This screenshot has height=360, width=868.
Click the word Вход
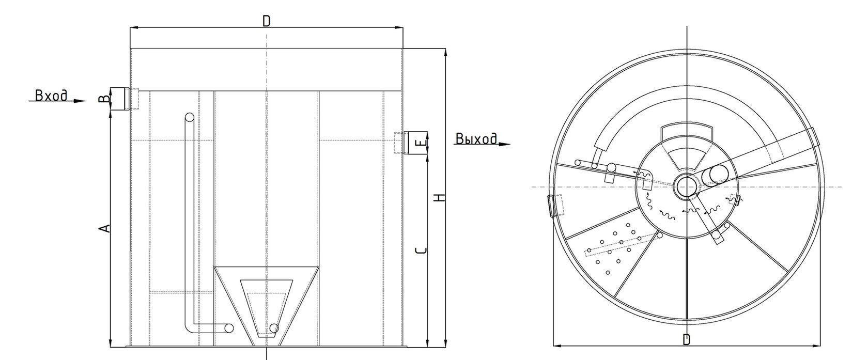point(51,96)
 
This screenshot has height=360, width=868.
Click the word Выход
point(476,139)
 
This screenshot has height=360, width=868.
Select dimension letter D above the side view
point(266,21)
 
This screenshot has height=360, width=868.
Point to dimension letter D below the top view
point(686,339)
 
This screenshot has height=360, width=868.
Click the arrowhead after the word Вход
point(79,101)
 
